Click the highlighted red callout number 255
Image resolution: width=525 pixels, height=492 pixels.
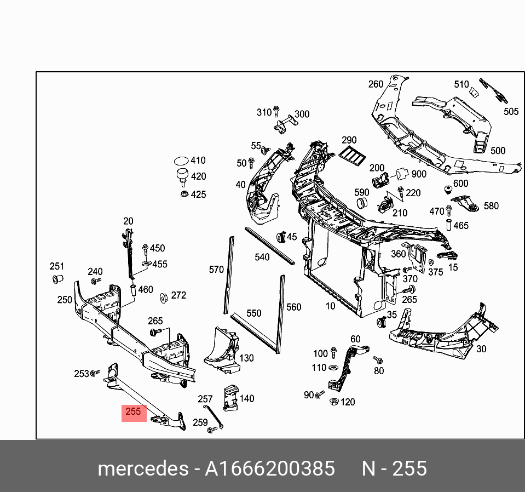point(134,412)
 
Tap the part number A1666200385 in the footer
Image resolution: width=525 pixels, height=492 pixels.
point(269,469)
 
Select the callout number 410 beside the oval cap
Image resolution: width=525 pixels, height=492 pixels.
point(198,161)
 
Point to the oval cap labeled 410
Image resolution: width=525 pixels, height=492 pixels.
point(181,161)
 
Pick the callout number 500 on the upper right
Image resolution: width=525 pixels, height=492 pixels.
point(498,151)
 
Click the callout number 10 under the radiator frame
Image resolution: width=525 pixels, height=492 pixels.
point(330,306)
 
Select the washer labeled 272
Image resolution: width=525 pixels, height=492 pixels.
point(163,298)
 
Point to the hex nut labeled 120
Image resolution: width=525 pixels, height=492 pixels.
point(333,402)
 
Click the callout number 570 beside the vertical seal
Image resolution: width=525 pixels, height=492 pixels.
point(216,269)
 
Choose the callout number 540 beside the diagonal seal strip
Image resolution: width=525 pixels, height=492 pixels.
point(262,257)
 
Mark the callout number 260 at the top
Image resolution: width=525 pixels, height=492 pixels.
point(376,84)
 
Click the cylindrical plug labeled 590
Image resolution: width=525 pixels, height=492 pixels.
point(362,203)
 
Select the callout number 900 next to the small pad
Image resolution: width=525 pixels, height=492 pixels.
point(419,174)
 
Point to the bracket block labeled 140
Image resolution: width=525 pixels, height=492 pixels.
point(229,398)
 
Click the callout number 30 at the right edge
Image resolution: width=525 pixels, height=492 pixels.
point(481,348)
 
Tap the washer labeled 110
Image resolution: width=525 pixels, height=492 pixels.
point(333,368)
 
